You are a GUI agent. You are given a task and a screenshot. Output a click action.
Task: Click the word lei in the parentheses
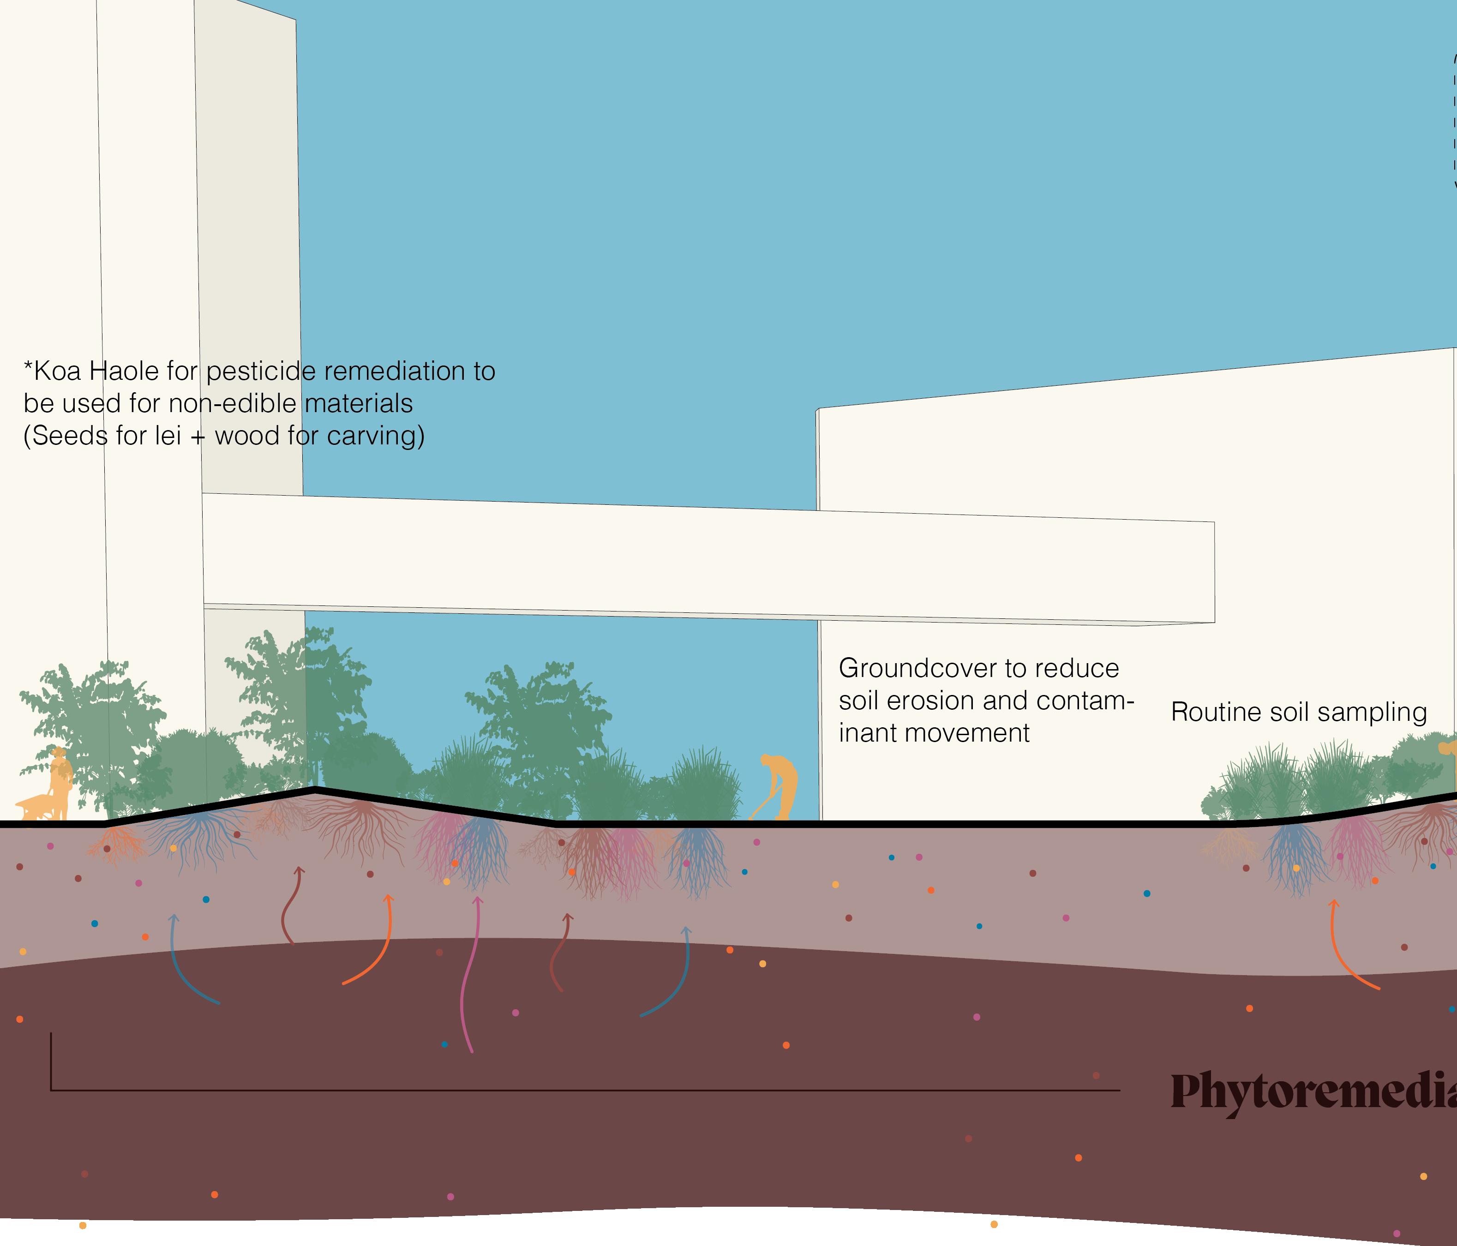[x=168, y=436]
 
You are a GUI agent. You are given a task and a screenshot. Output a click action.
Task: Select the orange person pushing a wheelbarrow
[x=60, y=780]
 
